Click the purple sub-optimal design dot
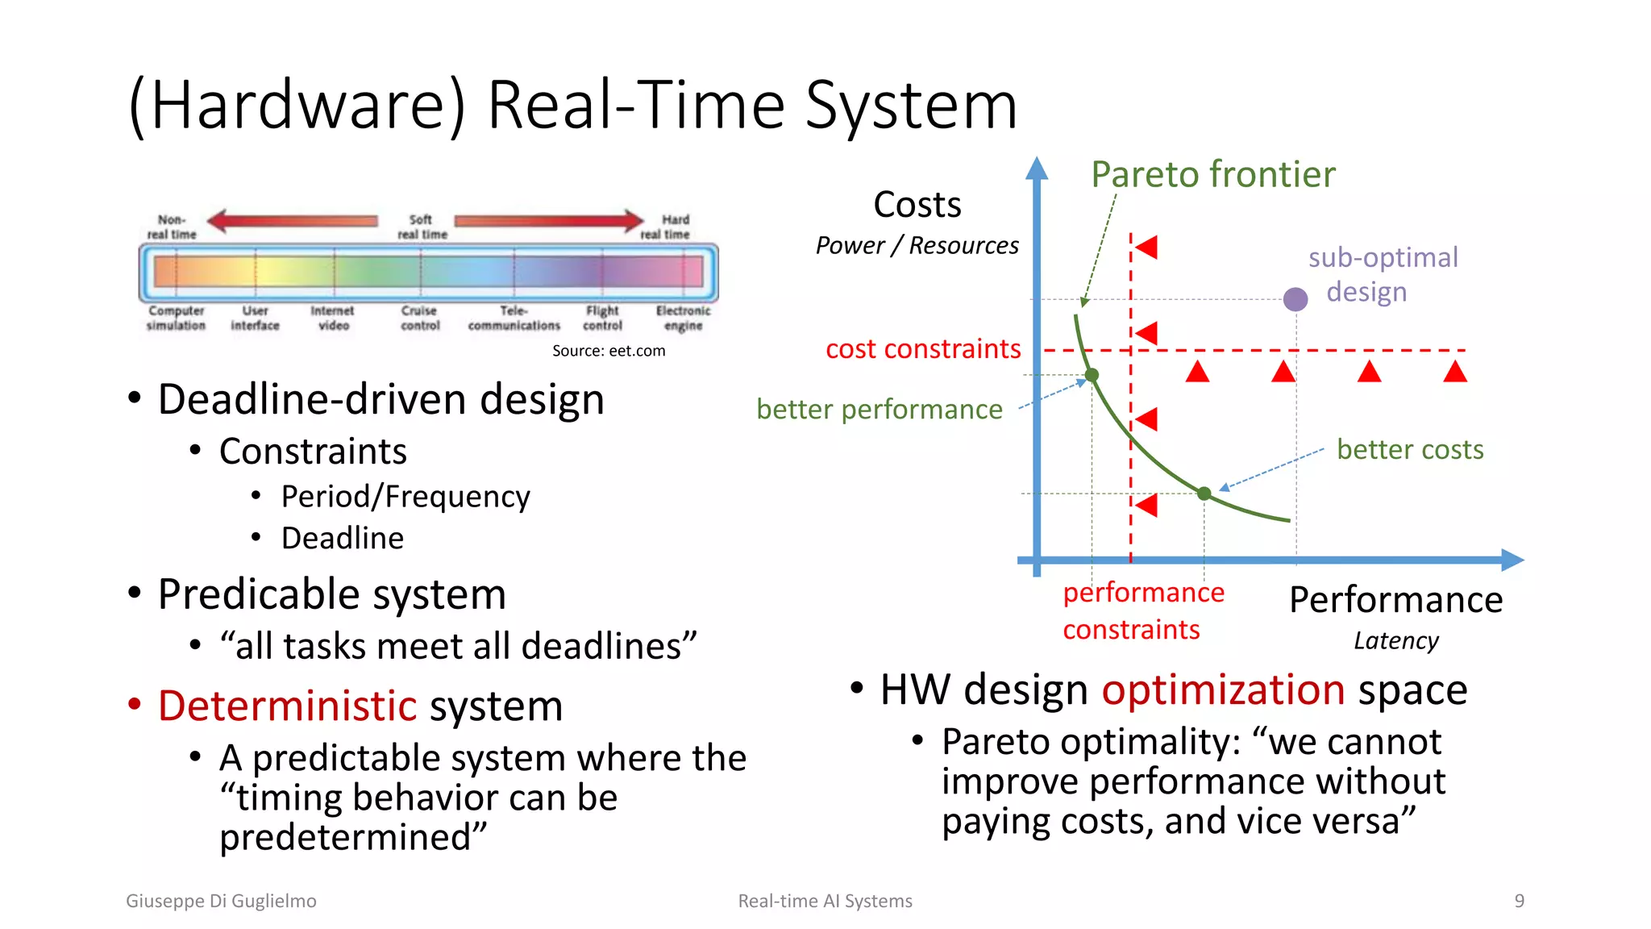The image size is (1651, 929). click(1295, 299)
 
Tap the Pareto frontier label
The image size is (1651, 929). click(1212, 174)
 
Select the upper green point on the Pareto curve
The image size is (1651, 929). click(1092, 375)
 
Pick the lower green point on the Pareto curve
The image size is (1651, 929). click(1204, 494)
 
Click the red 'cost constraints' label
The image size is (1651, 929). click(923, 349)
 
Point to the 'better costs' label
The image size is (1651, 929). click(1409, 449)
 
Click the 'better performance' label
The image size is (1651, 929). click(879, 410)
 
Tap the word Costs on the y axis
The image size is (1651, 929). click(917, 205)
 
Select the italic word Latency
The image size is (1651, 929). click(1395, 641)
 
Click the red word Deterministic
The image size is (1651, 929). click(287, 706)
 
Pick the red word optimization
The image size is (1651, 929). click(1223, 690)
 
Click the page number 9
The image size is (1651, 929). click(1519, 901)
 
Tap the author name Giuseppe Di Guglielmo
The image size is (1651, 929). click(221, 901)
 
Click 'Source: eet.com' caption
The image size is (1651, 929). click(609, 351)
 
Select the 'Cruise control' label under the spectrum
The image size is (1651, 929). click(420, 318)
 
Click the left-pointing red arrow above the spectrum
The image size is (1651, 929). click(292, 220)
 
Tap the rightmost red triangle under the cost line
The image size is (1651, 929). click(1455, 372)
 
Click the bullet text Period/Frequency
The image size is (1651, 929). click(405, 497)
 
